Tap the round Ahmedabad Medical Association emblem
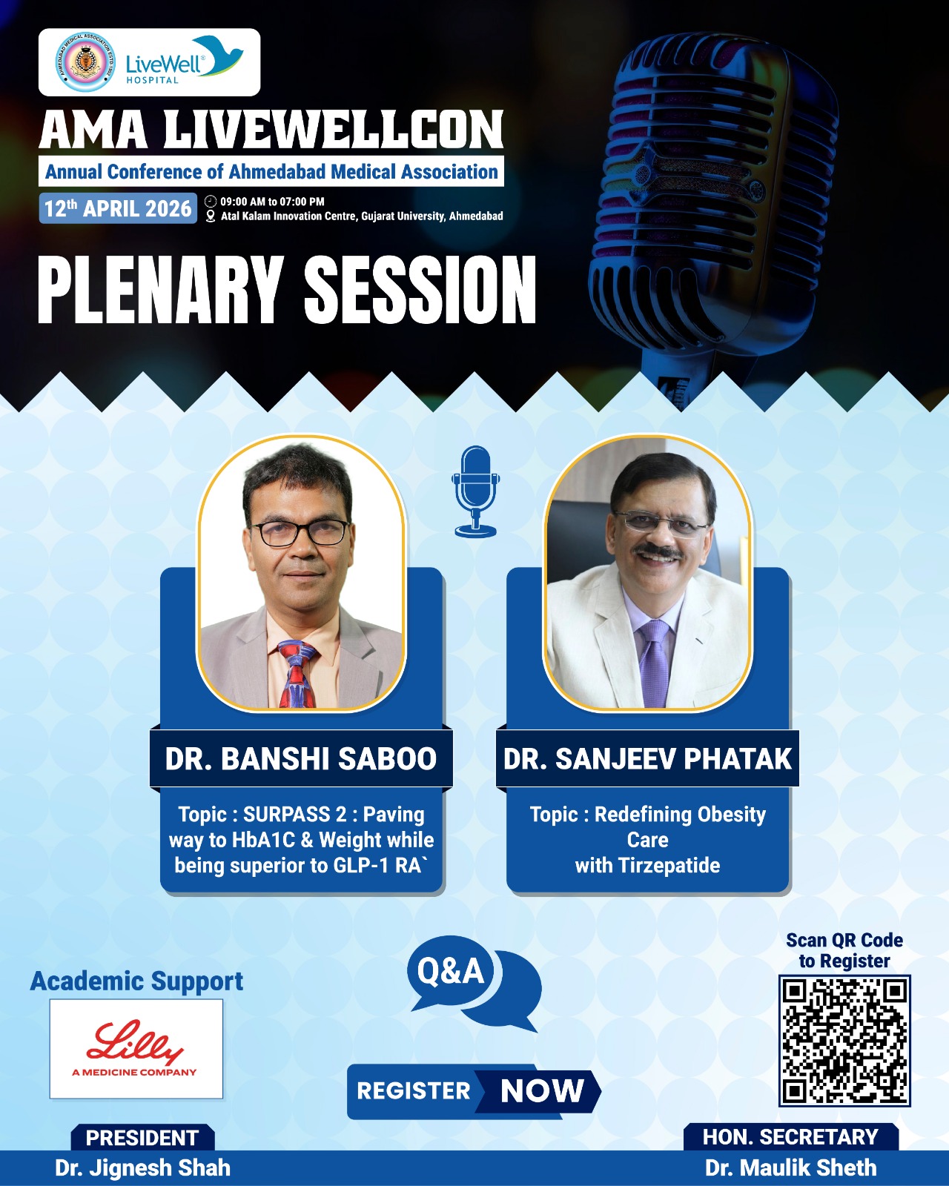85,62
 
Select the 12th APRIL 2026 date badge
118,208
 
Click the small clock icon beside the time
210,201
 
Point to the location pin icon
210,216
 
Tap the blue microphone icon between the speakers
476,491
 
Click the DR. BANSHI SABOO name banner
301,758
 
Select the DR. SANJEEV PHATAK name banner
647,758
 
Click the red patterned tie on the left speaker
298,674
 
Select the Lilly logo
136,1049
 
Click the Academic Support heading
136,981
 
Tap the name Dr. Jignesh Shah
143,1167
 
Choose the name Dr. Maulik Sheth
791,1167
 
